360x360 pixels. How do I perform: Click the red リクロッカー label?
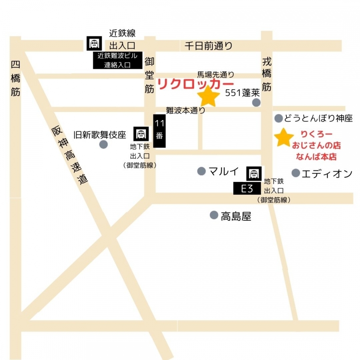[x=196, y=84]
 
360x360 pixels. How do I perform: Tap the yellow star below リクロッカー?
[x=209, y=97]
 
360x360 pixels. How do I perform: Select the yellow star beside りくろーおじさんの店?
[x=284, y=138]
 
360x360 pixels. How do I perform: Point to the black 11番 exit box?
[x=159, y=131]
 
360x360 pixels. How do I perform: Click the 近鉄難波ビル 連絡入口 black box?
[x=118, y=60]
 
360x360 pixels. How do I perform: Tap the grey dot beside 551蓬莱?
[x=256, y=103]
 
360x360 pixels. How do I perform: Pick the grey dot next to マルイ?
[x=201, y=171]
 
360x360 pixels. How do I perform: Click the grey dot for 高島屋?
[x=214, y=215]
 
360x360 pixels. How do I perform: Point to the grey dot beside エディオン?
[x=296, y=173]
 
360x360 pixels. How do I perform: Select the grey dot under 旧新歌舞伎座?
[x=103, y=144]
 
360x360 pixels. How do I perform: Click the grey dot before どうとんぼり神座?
[x=278, y=118]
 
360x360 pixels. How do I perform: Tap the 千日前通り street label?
[x=208, y=46]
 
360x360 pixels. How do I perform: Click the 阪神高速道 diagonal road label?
[x=70, y=156]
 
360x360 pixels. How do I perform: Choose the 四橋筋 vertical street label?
[x=16, y=78]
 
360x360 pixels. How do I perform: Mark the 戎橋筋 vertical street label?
[x=267, y=74]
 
